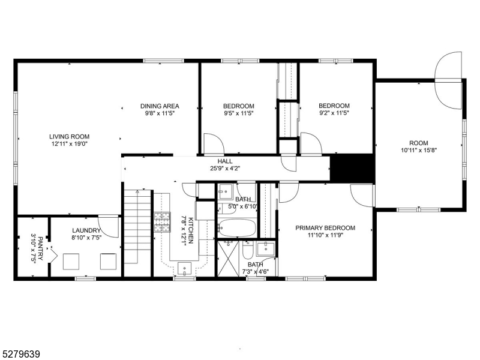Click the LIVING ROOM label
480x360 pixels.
pyautogui.click(x=69, y=136)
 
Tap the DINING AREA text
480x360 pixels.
pyautogui.click(x=160, y=106)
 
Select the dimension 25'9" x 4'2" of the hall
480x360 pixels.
pyautogui.click(x=225, y=169)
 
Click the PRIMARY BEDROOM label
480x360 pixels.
pyautogui.click(x=325, y=228)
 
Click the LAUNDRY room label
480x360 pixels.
pyautogui.click(x=86, y=230)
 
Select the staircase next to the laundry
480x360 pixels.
pyautogui.click(x=137, y=228)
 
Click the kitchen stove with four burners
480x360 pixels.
pyautogui.click(x=162, y=222)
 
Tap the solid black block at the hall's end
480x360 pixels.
pyautogui.click(x=353, y=167)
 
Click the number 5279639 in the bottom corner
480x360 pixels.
pyautogui.click(x=21, y=355)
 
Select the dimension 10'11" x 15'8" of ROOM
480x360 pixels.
pyautogui.click(x=418, y=151)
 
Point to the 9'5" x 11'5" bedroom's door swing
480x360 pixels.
pyautogui.click(x=212, y=143)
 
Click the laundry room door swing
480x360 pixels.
pyautogui.click(x=109, y=225)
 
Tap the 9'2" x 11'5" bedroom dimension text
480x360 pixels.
pyautogui.click(x=334, y=113)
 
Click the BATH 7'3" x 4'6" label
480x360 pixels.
pyautogui.click(x=256, y=268)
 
